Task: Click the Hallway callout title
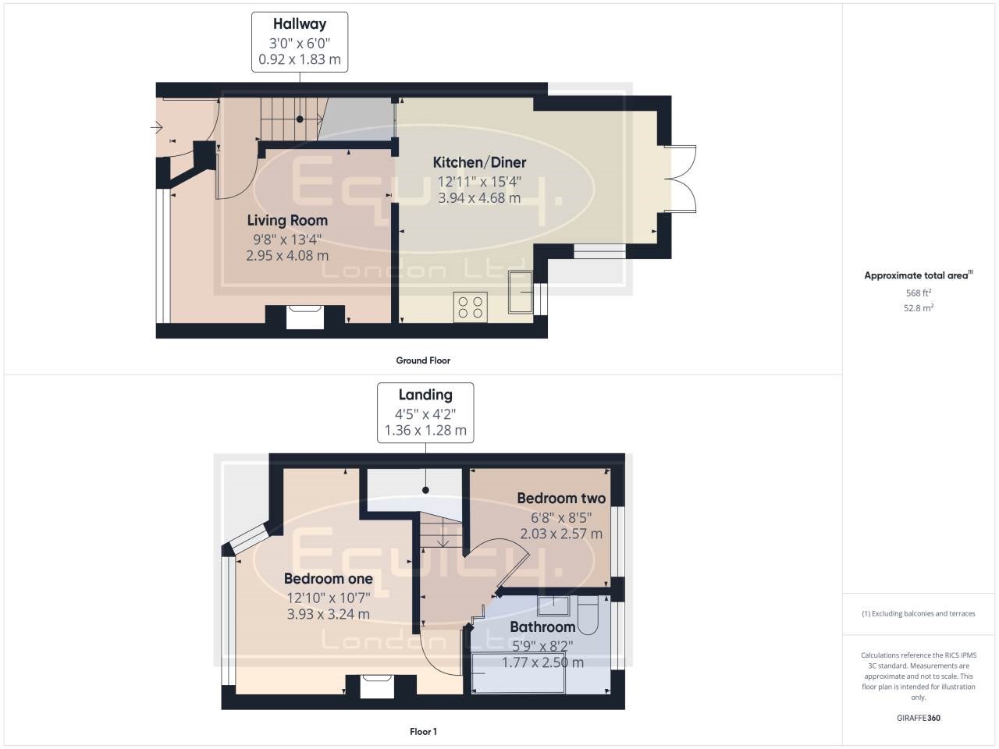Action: [x=300, y=24]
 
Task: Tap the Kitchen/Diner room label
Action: [x=479, y=162]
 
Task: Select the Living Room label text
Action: [x=287, y=221]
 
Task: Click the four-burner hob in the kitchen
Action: [x=470, y=307]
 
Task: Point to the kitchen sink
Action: [x=521, y=293]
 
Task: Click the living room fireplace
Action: [x=305, y=317]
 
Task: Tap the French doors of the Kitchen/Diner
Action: [x=680, y=179]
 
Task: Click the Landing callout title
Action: [x=425, y=395]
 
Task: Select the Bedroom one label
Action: [x=328, y=578]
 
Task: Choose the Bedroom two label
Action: [x=561, y=498]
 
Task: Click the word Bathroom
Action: [x=542, y=627]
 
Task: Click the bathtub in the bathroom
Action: [x=518, y=673]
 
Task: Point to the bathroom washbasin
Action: [x=553, y=605]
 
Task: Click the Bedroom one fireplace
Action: [x=377, y=687]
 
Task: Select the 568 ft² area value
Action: [x=918, y=293]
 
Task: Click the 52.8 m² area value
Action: [x=919, y=308]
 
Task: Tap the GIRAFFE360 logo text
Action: [x=919, y=718]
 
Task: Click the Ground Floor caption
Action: [x=423, y=360]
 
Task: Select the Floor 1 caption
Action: [x=423, y=732]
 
